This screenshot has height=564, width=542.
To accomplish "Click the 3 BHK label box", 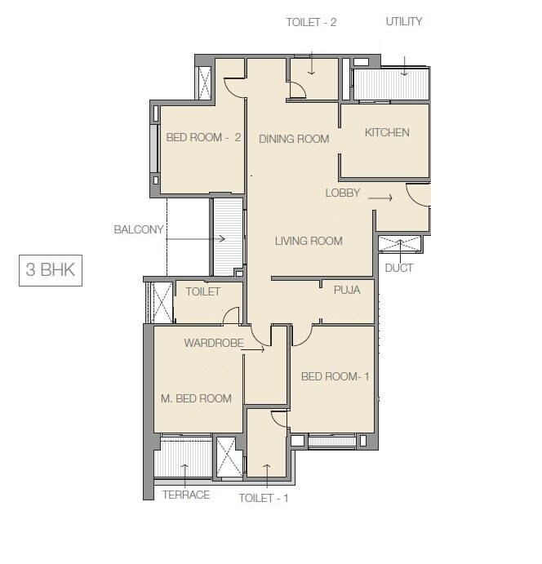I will (x=50, y=270).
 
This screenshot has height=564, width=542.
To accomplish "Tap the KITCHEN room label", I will (x=387, y=132).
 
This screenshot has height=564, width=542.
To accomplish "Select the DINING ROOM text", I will (x=294, y=139).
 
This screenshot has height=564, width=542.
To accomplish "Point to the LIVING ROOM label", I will (x=308, y=241).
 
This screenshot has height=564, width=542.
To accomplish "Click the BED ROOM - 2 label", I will (x=203, y=137).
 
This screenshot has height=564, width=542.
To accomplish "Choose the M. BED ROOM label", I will (x=195, y=398).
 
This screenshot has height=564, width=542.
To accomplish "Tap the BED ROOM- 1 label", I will (x=335, y=376).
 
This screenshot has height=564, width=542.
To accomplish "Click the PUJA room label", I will (x=347, y=289).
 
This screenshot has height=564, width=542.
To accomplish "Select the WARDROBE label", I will (x=213, y=343).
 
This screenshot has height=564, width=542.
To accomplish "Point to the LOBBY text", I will (x=343, y=193).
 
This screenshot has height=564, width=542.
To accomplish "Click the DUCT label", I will (x=399, y=268).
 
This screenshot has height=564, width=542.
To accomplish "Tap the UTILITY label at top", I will (x=404, y=22).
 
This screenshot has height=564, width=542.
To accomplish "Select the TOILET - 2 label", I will (x=311, y=23).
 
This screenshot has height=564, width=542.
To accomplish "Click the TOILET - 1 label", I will (x=264, y=497).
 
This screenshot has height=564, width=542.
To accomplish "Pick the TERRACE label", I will (x=185, y=495).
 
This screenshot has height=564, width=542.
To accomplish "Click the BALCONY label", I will (x=139, y=230).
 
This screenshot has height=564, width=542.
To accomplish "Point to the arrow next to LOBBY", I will (x=380, y=197).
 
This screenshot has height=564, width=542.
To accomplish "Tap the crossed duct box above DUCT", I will (x=400, y=244).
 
